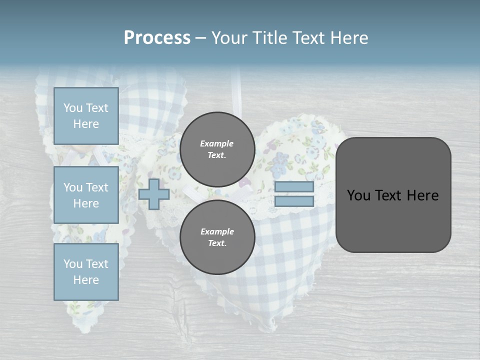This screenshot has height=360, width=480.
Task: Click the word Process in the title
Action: click(x=157, y=38)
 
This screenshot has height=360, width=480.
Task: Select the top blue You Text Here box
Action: click(x=86, y=116)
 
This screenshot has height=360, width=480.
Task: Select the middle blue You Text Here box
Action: click(x=86, y=195)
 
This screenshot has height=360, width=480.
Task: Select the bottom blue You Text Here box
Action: click(x=86, y=272)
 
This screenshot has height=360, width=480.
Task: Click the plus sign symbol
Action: click(x=154, y=194)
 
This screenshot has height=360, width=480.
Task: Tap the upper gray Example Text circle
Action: click(x=217, y=149)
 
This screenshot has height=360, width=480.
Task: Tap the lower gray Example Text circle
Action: click(x=217, y=237)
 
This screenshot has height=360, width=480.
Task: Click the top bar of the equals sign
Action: click(x=294, y=187)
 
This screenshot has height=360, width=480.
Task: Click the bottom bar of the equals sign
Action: click(x=294, y=201)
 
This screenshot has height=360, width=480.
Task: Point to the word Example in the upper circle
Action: click(x=216, y=143)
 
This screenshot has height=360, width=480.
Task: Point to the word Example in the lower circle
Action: click(x=216, y=231)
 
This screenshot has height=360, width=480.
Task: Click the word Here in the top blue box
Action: click(x=86, y=124)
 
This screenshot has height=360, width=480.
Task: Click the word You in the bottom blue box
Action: click(x=73, y=264)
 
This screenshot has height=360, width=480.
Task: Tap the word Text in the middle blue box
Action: click(x=96, y=187)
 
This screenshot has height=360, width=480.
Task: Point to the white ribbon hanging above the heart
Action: click(x=238, y=95)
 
